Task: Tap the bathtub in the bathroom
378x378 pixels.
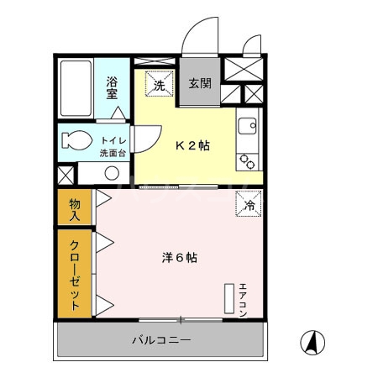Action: pos(76,88)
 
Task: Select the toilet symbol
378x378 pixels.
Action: pos(74,142)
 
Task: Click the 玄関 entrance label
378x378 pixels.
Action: pos(199,84)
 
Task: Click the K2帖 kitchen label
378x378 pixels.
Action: pos(192,144)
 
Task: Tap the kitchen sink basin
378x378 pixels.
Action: pos(247,128)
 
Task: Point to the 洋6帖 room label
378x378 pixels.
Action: pos(180,258)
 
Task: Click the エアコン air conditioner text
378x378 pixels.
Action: pos(244,299)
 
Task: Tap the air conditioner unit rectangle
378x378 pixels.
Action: pos(228,299)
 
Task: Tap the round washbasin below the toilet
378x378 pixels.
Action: pos(110,173)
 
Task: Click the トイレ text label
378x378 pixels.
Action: pos(112,141)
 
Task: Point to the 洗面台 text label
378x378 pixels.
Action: pos(112,154)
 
